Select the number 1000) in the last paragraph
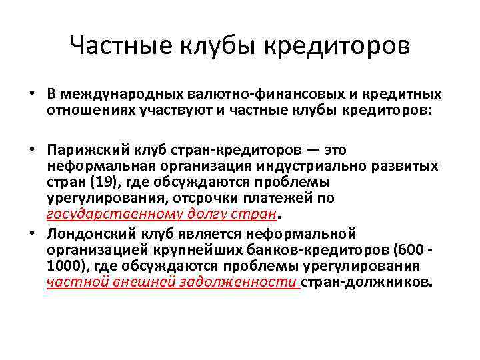click(x=63, y=265)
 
